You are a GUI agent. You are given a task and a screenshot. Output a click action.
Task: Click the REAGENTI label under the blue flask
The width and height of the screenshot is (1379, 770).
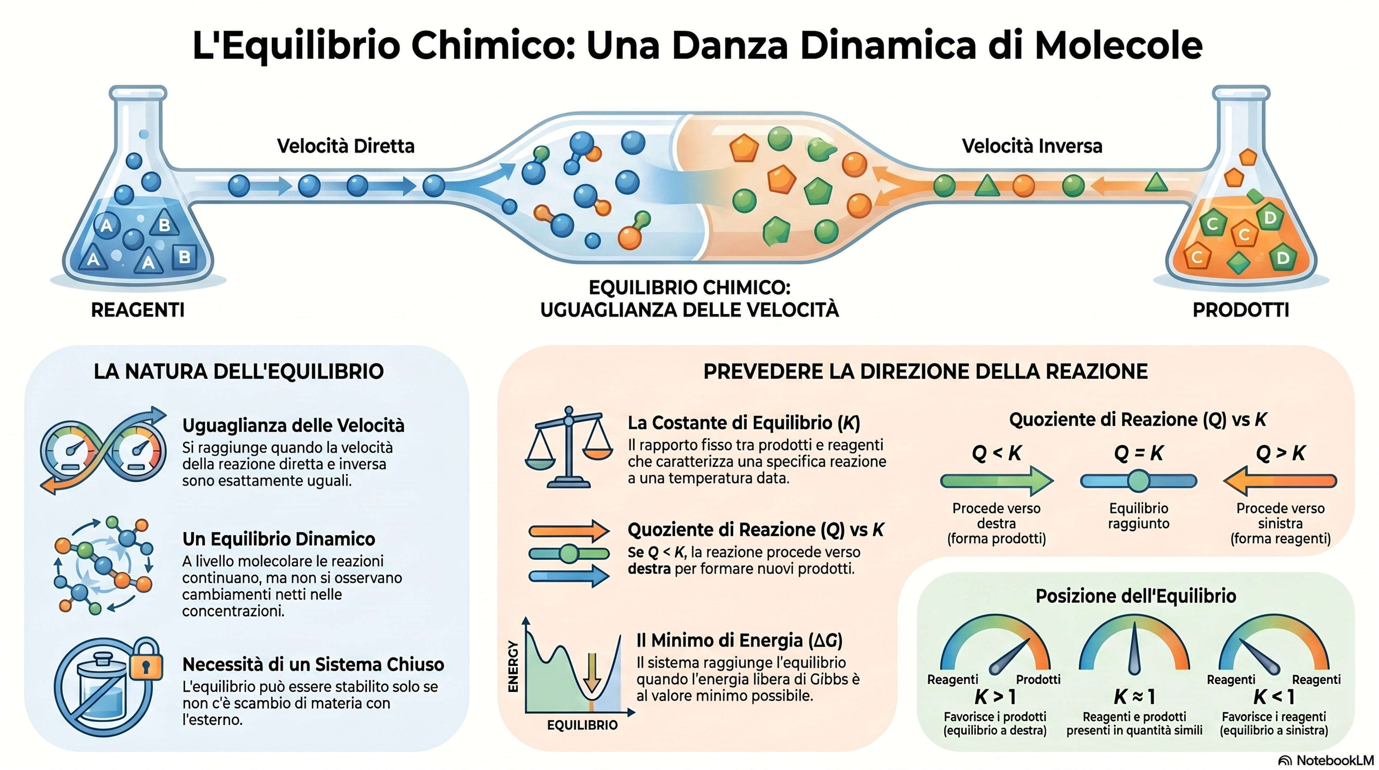tap(138, 310)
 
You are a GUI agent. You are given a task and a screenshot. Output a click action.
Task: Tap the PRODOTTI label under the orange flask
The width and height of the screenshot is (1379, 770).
tap(1241, 310)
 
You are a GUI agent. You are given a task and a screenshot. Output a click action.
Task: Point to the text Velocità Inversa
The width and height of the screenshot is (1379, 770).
tap(1032, 146)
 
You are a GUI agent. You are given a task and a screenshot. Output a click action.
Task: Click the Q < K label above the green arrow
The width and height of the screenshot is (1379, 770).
tap(997, 453)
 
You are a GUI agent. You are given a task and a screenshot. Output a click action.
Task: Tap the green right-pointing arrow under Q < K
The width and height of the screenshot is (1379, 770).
tap(997, 481)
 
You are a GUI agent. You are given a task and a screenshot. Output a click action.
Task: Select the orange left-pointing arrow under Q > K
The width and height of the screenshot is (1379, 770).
tap(1281, 481)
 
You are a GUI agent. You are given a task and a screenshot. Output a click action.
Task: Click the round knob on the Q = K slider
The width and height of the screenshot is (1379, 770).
tap(1139, 481)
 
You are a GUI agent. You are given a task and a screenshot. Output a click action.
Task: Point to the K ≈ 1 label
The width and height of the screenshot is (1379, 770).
tap(1134, 697)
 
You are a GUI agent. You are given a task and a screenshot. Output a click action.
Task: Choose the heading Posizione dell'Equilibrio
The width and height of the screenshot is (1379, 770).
tap(1136, 596)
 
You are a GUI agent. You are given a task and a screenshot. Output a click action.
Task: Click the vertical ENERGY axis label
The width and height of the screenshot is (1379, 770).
tap(513, 667)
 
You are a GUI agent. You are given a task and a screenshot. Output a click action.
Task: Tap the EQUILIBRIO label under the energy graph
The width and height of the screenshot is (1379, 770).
tap(582, 725)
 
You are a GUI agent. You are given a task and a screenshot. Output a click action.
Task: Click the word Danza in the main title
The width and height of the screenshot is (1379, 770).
tap(730, 46)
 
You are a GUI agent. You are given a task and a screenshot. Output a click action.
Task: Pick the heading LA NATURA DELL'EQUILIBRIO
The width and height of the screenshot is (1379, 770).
tap(239, 372)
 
